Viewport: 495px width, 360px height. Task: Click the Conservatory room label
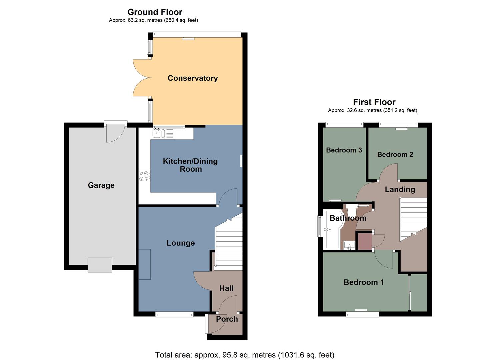(193, 78)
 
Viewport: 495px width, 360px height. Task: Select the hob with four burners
(145, 176)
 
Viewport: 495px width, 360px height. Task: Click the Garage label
(101, 185)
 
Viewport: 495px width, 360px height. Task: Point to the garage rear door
(115, 132)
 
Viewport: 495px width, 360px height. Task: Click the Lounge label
(181, 243)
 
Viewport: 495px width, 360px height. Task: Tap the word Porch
(227, 319)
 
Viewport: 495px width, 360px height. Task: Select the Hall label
(226, 288)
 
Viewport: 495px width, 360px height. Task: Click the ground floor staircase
(229, 245)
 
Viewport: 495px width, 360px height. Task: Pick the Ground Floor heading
(155, 12)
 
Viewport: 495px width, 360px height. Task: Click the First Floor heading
(374, 102)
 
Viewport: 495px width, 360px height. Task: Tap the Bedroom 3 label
(344, 150)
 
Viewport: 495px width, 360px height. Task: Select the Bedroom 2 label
(395, 154)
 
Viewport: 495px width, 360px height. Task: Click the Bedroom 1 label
(364, 282)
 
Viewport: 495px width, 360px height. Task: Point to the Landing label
(400, 189)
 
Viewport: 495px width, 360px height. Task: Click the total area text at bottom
(244, 355)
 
